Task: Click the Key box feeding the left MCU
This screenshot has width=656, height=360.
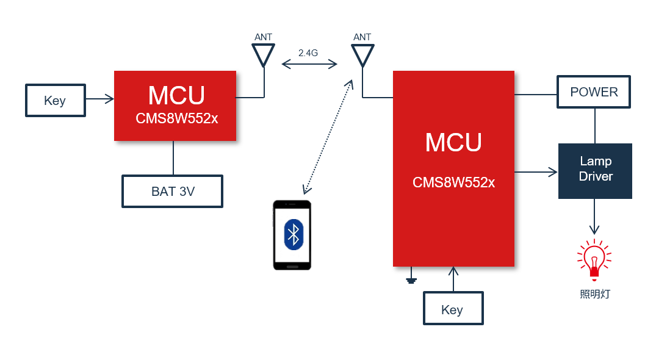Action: coord(55,100)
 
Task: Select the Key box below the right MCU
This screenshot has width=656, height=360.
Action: coord(453,308)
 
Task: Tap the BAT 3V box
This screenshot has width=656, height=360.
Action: coord(172,191)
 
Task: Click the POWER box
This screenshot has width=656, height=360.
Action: coord(593,92)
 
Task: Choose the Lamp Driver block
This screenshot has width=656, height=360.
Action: coord(595,170)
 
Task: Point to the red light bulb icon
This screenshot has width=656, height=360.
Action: coord(594,256)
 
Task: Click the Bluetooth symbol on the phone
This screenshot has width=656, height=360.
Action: coord(294,234)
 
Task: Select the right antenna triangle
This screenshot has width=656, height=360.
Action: coord(362,55)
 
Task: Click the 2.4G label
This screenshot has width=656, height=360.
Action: coord(308,53)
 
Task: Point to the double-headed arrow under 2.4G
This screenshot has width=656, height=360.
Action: coord(309,63)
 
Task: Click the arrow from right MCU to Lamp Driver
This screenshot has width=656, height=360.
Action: coord(536,172)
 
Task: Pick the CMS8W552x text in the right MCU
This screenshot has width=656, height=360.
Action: coord(453,182)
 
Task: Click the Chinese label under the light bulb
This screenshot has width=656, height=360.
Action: coord(594,294)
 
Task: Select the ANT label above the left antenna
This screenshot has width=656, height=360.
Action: coord(263,37)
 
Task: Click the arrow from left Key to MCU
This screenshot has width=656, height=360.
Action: coord(100,98)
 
